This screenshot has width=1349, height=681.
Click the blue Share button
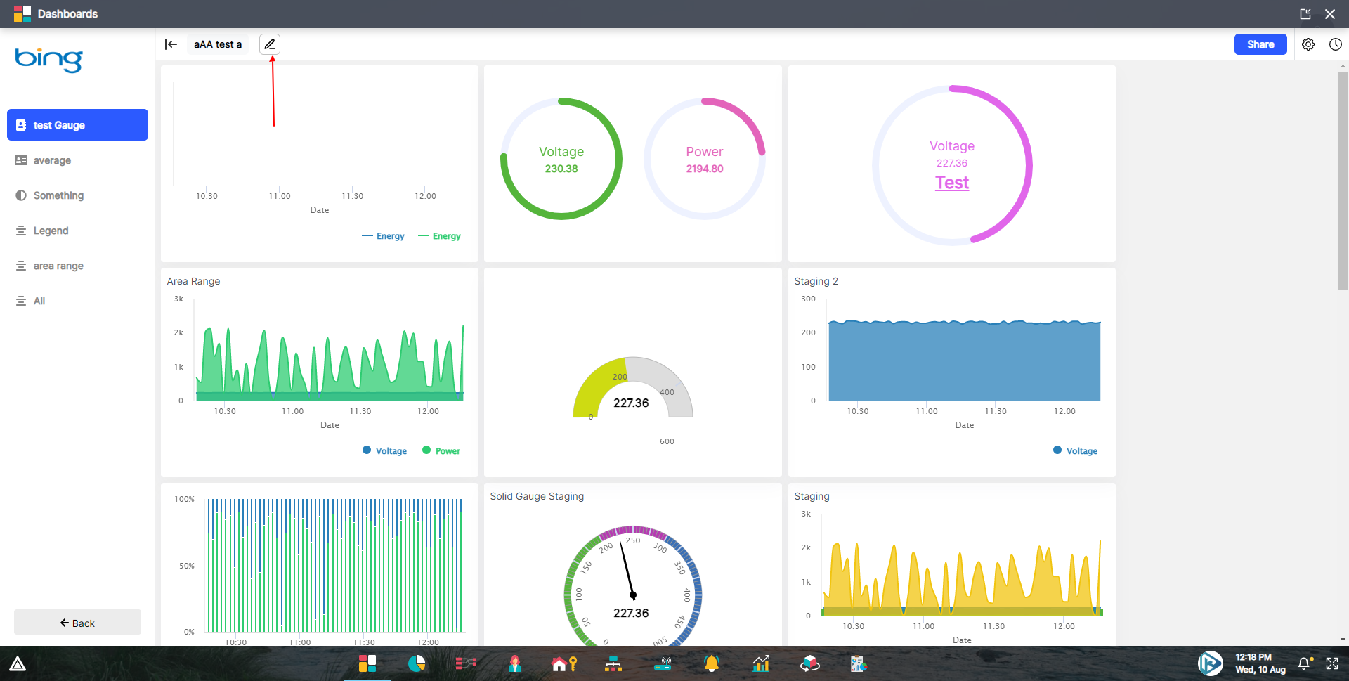1260,44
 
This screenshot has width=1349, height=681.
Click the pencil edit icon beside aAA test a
270,44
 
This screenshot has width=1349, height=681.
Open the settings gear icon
1308,44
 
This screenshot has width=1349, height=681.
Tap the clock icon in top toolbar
1335,44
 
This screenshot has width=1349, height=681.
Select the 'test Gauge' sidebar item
77,125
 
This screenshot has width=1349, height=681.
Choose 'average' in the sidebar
52,160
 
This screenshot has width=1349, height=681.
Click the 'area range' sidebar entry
58,266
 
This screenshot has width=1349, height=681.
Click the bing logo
48,59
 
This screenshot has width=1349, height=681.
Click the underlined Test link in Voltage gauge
951,183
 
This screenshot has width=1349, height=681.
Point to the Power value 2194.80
704,169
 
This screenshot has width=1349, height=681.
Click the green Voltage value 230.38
561,169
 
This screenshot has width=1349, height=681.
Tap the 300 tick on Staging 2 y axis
808,299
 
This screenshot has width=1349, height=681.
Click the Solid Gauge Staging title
537,496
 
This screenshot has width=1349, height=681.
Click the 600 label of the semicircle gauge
667,441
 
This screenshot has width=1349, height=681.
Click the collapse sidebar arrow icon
171,44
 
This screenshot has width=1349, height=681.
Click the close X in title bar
1329,14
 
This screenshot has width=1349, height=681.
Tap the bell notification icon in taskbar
1304,663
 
